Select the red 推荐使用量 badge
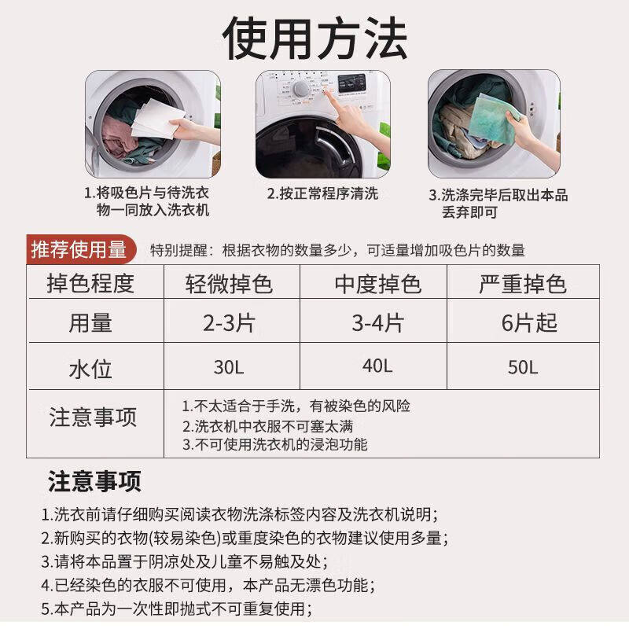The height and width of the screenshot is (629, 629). point(79,250)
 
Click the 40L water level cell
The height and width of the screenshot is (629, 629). point(377,366)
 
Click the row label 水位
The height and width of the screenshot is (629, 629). point(91,369)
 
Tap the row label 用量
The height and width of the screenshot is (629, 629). point(91,323)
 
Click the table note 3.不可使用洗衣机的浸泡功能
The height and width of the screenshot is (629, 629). point(275,444)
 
